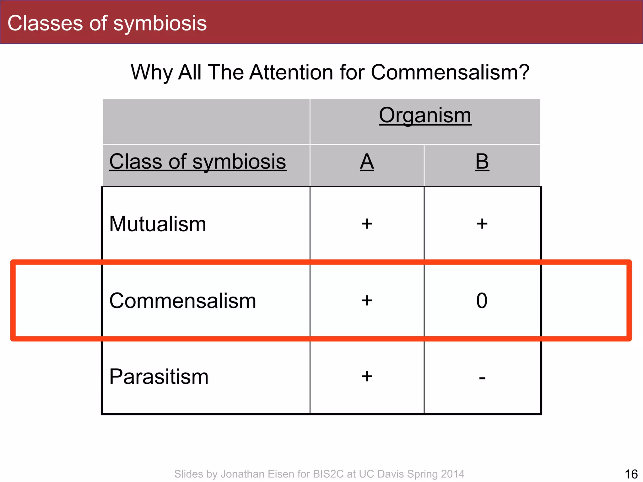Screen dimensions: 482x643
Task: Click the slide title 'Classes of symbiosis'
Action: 107,24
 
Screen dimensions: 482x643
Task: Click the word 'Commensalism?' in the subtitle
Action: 450,72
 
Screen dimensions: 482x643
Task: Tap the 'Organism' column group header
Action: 425,115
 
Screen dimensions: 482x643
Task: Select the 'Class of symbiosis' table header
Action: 197,162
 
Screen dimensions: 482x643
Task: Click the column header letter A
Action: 367,162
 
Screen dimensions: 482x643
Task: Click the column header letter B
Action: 482,162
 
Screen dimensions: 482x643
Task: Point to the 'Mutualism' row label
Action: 158,224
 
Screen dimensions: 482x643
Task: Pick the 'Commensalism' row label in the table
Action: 182,301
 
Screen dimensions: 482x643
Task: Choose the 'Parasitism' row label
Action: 159,377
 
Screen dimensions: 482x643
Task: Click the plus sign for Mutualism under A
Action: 367,224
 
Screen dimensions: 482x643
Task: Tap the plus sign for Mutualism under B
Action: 482,224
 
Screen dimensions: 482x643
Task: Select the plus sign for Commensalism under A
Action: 367,301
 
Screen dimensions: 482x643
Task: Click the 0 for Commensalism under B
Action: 482,301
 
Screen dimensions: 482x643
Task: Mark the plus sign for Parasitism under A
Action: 367,376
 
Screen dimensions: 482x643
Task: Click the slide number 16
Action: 631,474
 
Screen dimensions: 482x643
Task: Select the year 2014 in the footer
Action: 452,474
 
